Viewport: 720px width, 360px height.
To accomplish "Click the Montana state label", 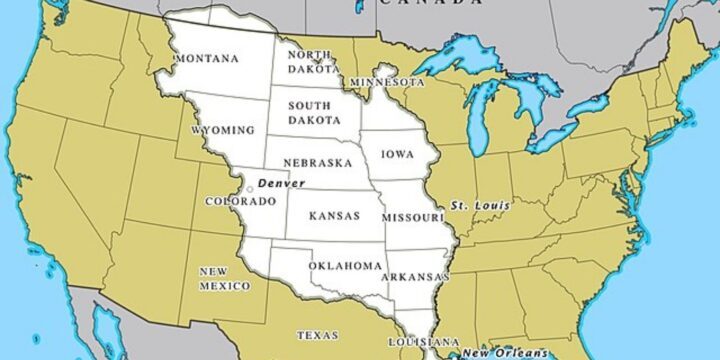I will [207, 59].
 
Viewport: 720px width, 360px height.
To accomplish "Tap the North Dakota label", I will [310, 62].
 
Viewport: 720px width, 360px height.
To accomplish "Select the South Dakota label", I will [310, 111].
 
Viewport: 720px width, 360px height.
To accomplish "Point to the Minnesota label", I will [386, 81].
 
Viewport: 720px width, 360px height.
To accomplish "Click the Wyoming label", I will [222, 131].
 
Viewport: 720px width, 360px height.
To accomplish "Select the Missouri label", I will [412, 217].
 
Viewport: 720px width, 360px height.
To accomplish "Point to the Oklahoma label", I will [345, 266].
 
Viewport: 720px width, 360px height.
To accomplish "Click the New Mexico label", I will [225, 279].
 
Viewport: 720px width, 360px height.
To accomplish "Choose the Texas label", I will [317, 336].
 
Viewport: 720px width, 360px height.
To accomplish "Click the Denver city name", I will [280, 184].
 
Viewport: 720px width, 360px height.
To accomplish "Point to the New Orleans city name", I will [504, 353].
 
